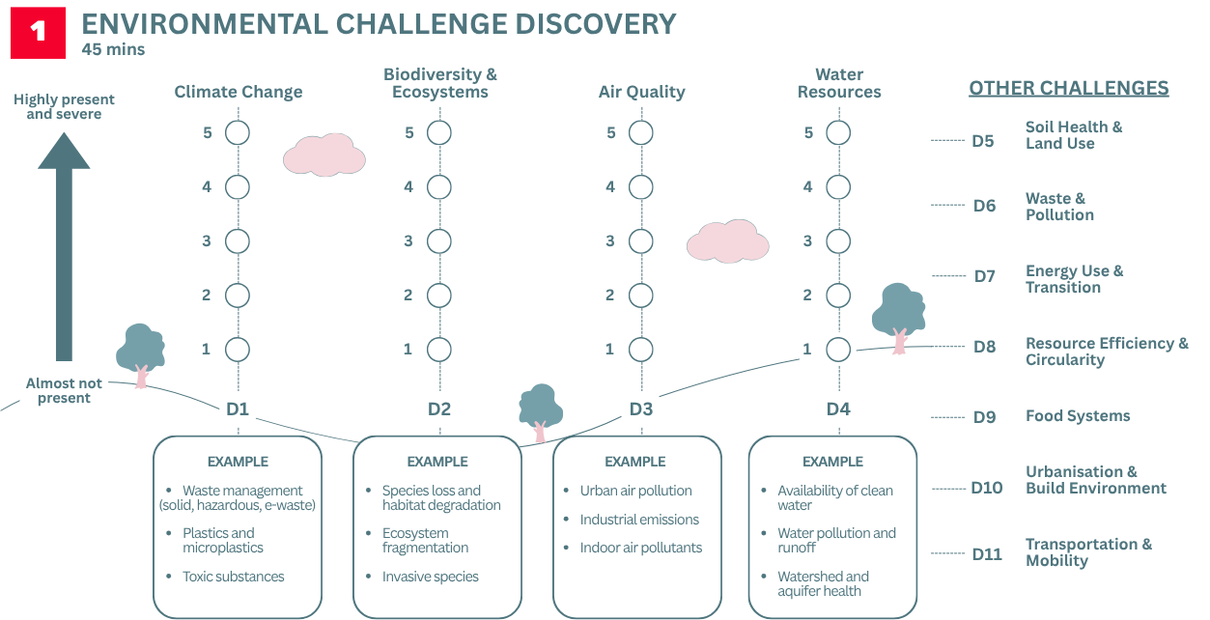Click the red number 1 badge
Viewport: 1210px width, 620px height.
point(38,32)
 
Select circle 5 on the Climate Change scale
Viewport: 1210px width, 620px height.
point(238,132)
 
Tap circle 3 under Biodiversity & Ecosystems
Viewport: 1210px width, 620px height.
point(439,240)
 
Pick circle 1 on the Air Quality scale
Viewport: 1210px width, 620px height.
point(640,349)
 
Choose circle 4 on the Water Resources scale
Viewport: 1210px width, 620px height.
point(838,186)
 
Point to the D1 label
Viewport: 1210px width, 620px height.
point(238,409)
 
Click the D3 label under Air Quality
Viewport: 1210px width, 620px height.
point(640,409)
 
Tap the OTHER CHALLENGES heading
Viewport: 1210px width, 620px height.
point(1068,89)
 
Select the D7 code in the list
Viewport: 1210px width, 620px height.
point(984,276)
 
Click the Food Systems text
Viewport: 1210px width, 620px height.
point(1077,416)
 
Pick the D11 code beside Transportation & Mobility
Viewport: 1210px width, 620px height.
point(987,554)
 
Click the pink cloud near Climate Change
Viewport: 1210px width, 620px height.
point(324,155)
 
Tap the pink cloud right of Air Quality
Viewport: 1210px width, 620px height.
point(727,240)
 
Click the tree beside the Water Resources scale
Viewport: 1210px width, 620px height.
point(898,315)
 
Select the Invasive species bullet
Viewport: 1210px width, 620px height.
point(430,577)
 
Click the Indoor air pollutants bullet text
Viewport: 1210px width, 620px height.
point(640,548)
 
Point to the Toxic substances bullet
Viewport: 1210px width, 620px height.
point(233,577)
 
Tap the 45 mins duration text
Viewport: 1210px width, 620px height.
point(113,49)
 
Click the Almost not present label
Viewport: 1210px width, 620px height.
point(64,390)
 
